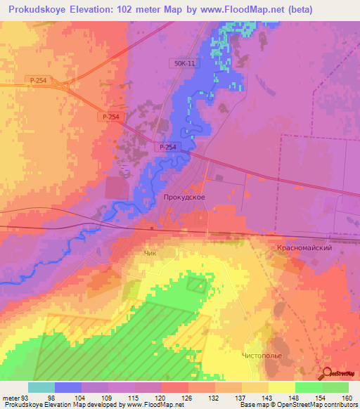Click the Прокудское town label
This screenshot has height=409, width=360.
(184, 198)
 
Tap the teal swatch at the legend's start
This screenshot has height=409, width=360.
(41, 387)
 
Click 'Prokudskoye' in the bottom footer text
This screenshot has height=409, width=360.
(22, 405)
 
